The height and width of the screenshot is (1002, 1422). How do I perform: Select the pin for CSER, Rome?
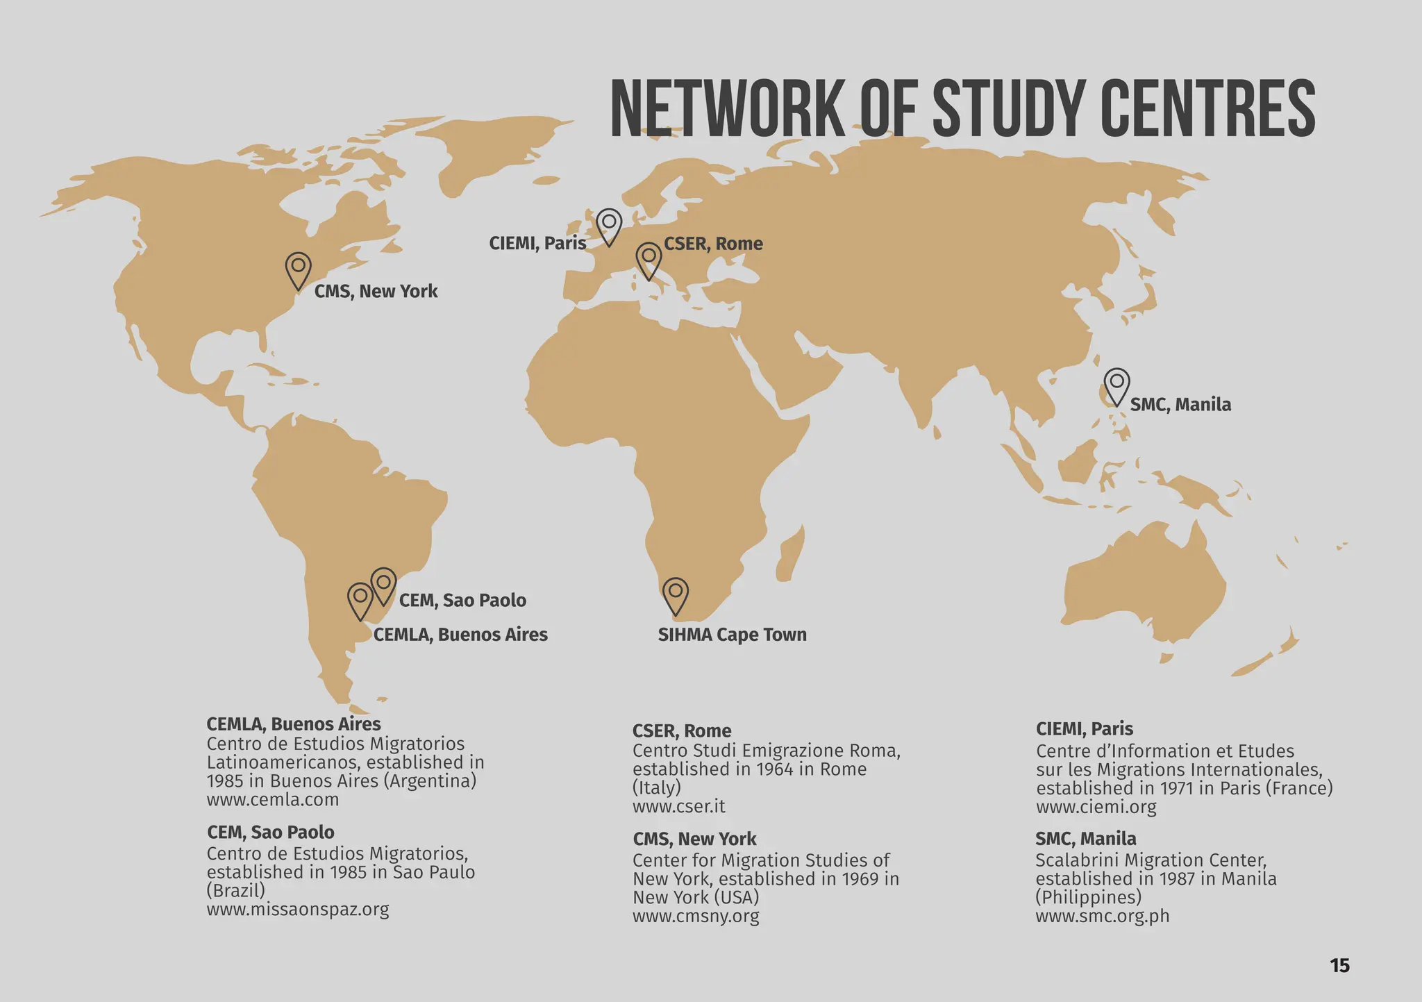649,259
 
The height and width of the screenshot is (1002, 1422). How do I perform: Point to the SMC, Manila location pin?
1116,384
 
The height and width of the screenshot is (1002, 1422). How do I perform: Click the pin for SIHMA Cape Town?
676,594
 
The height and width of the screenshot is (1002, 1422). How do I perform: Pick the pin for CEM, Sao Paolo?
383,584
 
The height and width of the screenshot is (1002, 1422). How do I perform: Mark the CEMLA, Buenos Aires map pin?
360,599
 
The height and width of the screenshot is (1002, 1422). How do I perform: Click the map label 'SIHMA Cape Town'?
732,635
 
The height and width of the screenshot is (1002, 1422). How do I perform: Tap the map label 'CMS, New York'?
376,291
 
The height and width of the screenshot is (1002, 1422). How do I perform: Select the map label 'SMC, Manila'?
1180,404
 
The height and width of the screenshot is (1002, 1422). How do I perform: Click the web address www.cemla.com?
272,799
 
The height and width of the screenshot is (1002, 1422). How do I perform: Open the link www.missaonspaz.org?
297,909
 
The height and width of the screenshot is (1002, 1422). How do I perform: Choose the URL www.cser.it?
678,806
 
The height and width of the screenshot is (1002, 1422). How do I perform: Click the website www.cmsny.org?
696,916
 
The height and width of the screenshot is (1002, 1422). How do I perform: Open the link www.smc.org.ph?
1102,916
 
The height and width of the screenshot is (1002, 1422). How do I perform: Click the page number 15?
1339,965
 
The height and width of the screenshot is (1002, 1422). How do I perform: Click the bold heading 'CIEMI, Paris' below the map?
1084,729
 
